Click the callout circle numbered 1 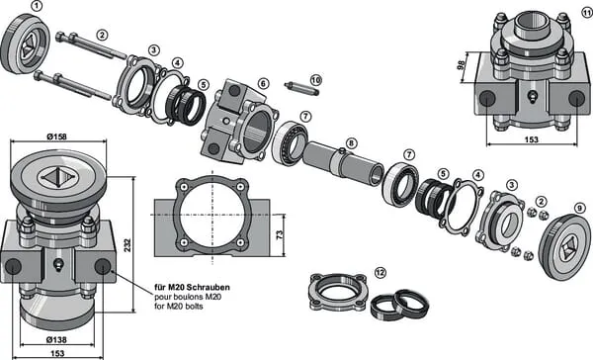[37, 6]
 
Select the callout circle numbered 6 [263, 83]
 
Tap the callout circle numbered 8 [351, 143]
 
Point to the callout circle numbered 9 [579, 208]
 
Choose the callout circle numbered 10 [316, 80]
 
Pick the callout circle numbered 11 [587, 13]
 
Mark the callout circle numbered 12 [381, 272]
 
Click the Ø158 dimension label [56, 136]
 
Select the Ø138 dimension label [56, 339]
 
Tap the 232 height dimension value [127, 245]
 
